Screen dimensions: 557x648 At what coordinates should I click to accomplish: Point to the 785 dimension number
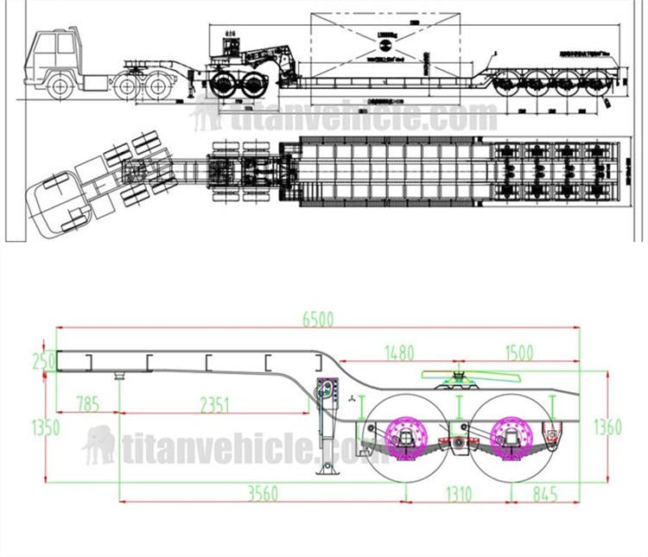click(x=87, y=402)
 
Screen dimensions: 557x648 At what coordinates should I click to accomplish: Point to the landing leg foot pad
click(x=328, y=471)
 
